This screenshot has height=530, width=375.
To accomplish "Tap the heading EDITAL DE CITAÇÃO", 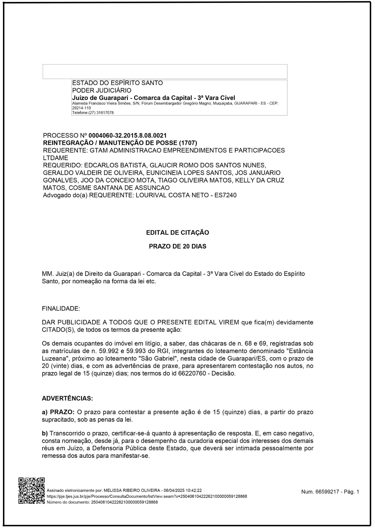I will tap(177, 233).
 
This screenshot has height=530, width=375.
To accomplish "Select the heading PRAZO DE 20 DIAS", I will tap(177, 246).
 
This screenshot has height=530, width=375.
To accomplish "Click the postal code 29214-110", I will tap(81, 108).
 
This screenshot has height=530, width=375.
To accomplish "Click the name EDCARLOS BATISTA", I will tap(116, 165).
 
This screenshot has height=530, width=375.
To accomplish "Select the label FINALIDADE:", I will tap(61, 309).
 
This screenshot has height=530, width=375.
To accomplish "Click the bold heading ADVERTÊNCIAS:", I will tap(67, 398).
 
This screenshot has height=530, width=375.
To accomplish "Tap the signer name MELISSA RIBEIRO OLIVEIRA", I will tap(132, 491).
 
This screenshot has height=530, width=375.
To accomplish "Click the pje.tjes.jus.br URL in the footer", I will tap(147, 496).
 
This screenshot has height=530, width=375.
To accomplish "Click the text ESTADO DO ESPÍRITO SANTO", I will tap(117, 83).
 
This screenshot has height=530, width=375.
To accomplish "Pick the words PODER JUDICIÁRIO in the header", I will tap(102, 90).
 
